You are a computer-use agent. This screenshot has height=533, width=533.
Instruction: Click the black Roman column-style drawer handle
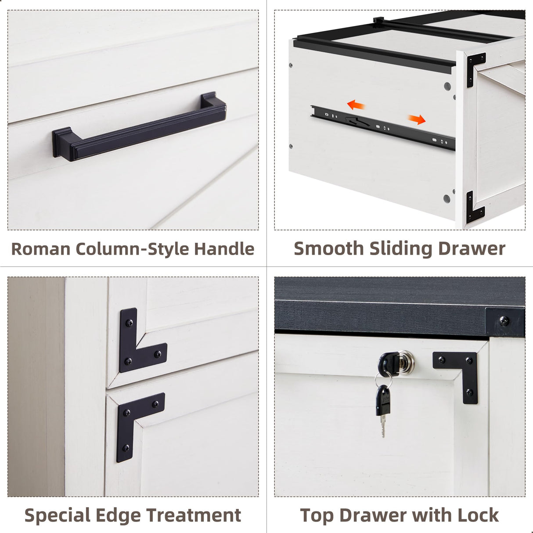[x=140, y=127]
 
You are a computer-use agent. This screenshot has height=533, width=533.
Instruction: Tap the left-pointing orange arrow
[x=356, y=105]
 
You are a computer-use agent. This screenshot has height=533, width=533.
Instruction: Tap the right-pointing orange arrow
[x=417, y=119]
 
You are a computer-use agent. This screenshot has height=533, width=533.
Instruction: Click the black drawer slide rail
[x=382, y=127]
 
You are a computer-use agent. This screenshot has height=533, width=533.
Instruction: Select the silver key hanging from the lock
[x=382, y=411]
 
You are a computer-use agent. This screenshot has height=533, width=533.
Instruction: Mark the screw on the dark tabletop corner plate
[x=505, y=321]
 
